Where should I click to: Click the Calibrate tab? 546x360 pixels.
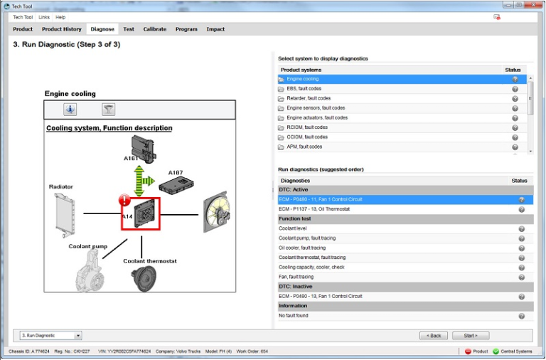coord(154,29)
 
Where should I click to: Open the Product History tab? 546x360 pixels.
coord(62,29)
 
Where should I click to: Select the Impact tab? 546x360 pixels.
coord(215,29)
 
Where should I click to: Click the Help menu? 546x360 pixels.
coord(60,16)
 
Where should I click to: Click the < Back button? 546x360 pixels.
coord(434,335)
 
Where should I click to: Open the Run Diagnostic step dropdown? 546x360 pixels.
coord(50,335)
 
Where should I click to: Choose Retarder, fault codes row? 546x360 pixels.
coord(309,98)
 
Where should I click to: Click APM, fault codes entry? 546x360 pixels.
coord(304,147)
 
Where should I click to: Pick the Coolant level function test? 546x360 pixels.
coord(293,228)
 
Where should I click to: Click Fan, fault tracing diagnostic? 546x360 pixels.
coord(296,277)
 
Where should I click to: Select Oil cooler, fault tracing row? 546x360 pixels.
coord(302,248)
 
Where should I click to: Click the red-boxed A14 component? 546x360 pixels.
coord(141,213)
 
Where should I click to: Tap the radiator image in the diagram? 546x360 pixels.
coord(64,213)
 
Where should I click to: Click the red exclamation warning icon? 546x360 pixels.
coord(125,202)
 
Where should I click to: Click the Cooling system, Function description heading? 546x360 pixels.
coord(109,128)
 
